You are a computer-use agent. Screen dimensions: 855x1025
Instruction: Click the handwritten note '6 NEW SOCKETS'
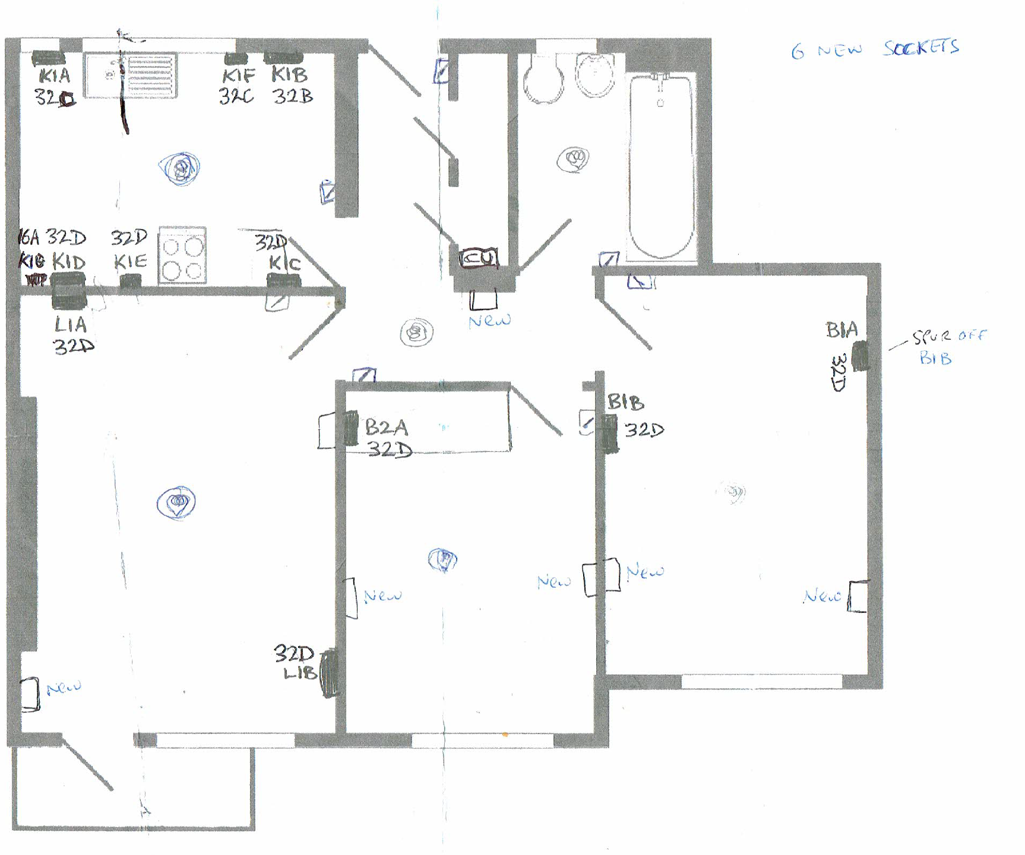tap(874, 49)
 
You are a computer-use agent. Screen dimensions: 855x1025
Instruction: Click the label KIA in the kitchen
tap(55, 76)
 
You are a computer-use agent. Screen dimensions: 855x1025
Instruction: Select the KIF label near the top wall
tap(238, 76)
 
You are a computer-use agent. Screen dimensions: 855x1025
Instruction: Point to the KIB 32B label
tap(291, 85)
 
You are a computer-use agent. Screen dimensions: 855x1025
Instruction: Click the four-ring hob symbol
tap(182, 255)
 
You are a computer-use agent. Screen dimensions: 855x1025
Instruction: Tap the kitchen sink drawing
tap(130, 75)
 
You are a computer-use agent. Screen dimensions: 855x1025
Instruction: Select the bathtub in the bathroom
tap(662, 166)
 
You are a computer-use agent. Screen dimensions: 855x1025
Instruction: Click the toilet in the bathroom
tap(544, 79)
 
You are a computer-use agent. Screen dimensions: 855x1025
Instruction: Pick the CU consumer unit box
tap(479, 258)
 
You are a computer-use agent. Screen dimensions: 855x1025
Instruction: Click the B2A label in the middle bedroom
tap(387, 427)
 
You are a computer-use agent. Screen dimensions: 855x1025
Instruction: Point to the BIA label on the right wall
tap(841, 330)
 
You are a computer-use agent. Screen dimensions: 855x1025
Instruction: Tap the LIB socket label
tap(300, 673)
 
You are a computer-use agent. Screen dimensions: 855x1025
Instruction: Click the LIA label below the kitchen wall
tap(71, 325)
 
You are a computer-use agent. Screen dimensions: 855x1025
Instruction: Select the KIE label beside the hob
tap(130, 261)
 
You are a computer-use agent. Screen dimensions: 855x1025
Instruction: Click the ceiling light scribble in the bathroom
tap(573, 159)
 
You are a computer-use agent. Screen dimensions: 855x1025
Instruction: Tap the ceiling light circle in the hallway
tap(416, 332)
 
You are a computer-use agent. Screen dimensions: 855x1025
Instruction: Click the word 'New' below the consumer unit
tap(489, 321)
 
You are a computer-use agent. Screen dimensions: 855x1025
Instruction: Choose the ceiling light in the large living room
tap(176, 503)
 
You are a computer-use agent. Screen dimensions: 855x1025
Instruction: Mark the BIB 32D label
tap(634, 416)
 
